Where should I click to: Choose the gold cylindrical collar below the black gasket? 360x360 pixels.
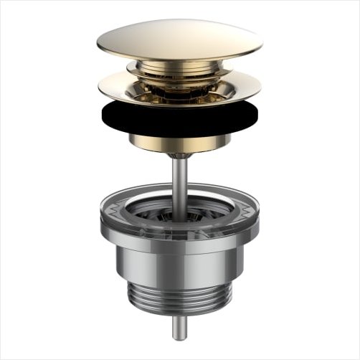click(179, 141)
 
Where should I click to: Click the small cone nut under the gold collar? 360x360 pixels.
click(180, 155)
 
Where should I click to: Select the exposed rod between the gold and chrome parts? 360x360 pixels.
click(180, 179)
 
